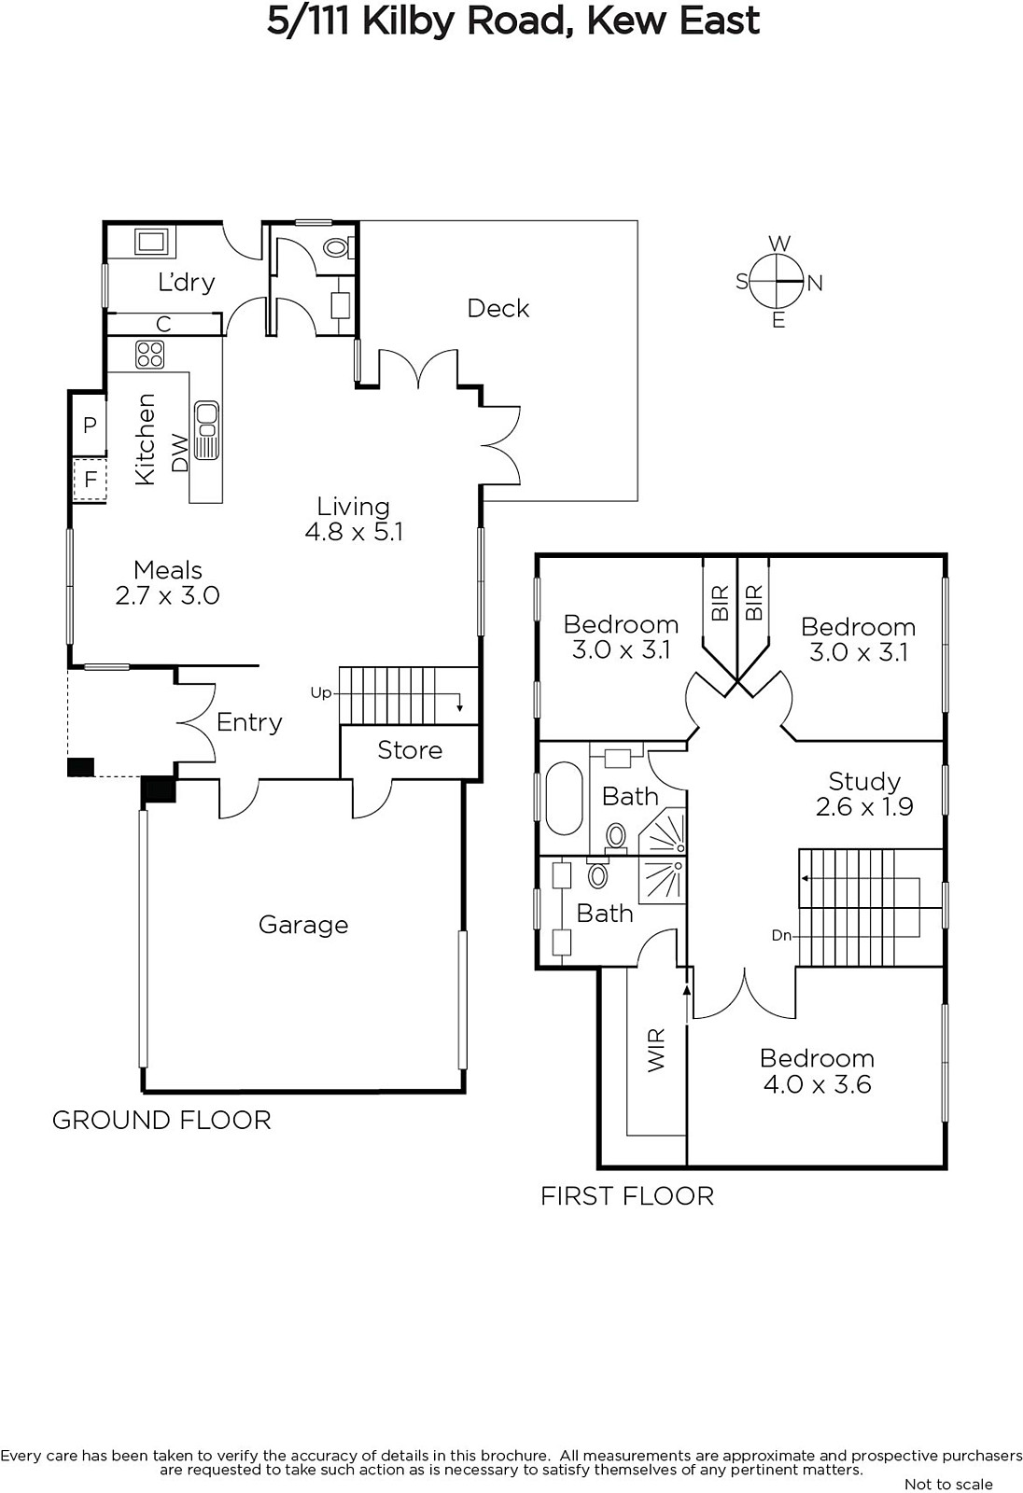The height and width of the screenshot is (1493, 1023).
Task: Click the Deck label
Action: pos(498,309)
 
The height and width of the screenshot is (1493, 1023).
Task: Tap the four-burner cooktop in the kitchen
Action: pos(150,354)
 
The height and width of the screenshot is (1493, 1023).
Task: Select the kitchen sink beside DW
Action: pos(206,429)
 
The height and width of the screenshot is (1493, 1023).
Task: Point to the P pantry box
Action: pos(90,425)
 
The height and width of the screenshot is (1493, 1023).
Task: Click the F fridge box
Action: pos(90,480)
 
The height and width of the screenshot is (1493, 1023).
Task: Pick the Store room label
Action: pos(410,750)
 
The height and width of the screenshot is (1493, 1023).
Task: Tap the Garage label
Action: pos(303,925)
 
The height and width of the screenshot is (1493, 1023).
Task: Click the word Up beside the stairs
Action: pos(321,693)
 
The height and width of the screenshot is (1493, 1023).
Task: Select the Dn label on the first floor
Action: pos(781,936)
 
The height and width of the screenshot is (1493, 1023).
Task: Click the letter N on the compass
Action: pos(815,284)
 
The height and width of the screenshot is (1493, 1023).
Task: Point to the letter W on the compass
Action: pos(779,243)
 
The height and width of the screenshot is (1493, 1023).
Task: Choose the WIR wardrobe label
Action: pos(657,1051)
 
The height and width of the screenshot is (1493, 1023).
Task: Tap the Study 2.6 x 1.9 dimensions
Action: pos(864,807)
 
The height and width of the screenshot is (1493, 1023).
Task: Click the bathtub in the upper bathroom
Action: pos(564,798)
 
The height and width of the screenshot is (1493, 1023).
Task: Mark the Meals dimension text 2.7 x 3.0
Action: pos(167,595)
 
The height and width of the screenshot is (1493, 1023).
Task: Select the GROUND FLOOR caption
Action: pos(161,1121)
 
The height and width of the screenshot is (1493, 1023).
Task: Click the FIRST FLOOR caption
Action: pos(627,1196)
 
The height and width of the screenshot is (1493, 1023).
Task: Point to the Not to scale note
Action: pos(948,1485)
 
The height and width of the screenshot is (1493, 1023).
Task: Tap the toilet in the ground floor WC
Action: pos(338,248)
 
